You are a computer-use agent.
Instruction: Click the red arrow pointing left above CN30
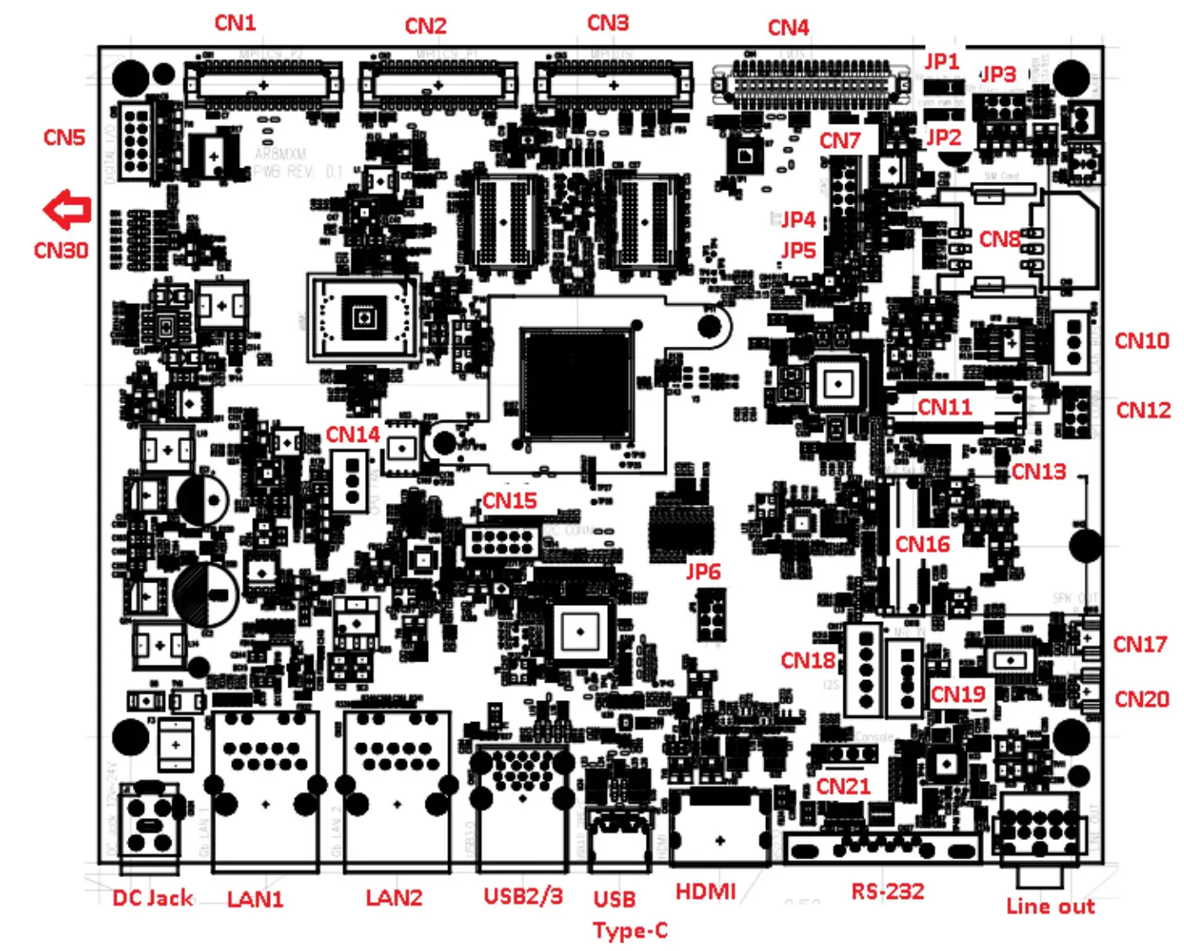tap(67, 210)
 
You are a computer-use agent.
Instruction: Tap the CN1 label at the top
tap(235, 23)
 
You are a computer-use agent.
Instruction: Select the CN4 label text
tap(788, 28)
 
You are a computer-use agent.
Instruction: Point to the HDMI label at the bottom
tap(705, 891)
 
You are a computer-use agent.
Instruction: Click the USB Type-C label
tap(630, 914)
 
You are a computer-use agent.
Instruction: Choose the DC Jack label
tap(152, 898)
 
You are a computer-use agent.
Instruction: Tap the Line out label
tap(1050, 906)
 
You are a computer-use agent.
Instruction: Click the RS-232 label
tap(887, 891)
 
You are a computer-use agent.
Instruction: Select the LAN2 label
tap(394, 898)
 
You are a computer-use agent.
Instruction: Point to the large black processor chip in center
tap(576, 384)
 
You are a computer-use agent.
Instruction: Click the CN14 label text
tap(352, 434)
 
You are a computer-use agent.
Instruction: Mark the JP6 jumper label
tap(703, 571)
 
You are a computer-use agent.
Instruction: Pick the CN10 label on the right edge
tap(1141, 341)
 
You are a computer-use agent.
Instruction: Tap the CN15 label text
tap(509, 501)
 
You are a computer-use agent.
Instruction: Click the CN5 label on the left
tap(64, 137)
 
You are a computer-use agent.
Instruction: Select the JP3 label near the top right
tap(998, 75)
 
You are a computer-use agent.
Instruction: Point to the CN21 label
tap(843, 786)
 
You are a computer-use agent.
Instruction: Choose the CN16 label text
tap(922, 545)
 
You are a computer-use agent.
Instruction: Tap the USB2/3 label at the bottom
tap(523, 896)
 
